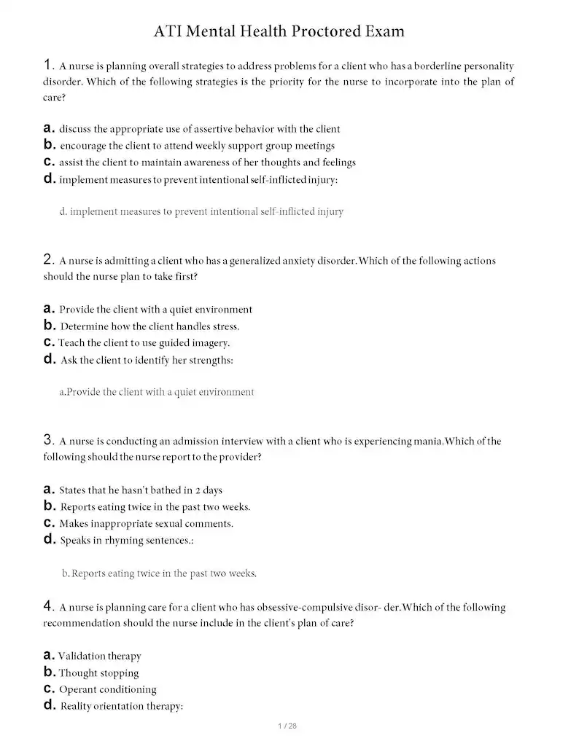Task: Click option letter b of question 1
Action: [49, 145]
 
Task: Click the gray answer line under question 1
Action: [201, 212]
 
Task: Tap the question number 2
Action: [48, 259]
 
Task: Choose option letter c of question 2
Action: [49, 342]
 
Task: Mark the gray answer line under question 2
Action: [157, 392]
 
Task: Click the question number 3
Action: [48, 439]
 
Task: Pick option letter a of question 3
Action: [49, 490]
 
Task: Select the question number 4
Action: [48, 605]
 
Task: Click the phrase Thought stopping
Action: [98, 673]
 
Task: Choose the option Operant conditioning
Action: [107, 690]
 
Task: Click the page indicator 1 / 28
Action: [289, 726]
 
